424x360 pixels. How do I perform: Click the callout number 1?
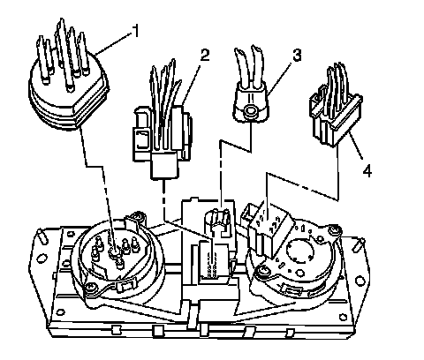(135, 31)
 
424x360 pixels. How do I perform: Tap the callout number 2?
(205, 55)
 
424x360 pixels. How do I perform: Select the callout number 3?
(297, 55)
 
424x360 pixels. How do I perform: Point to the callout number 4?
(367, 170)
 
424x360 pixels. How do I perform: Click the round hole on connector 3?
(251, 111)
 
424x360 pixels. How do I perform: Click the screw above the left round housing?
(138, 216)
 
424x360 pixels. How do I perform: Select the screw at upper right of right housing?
(334, 229)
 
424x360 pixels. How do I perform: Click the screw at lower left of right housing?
(261, 271)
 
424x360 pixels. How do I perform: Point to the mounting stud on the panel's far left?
(42, 236)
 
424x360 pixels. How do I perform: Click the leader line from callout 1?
(113, 42)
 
